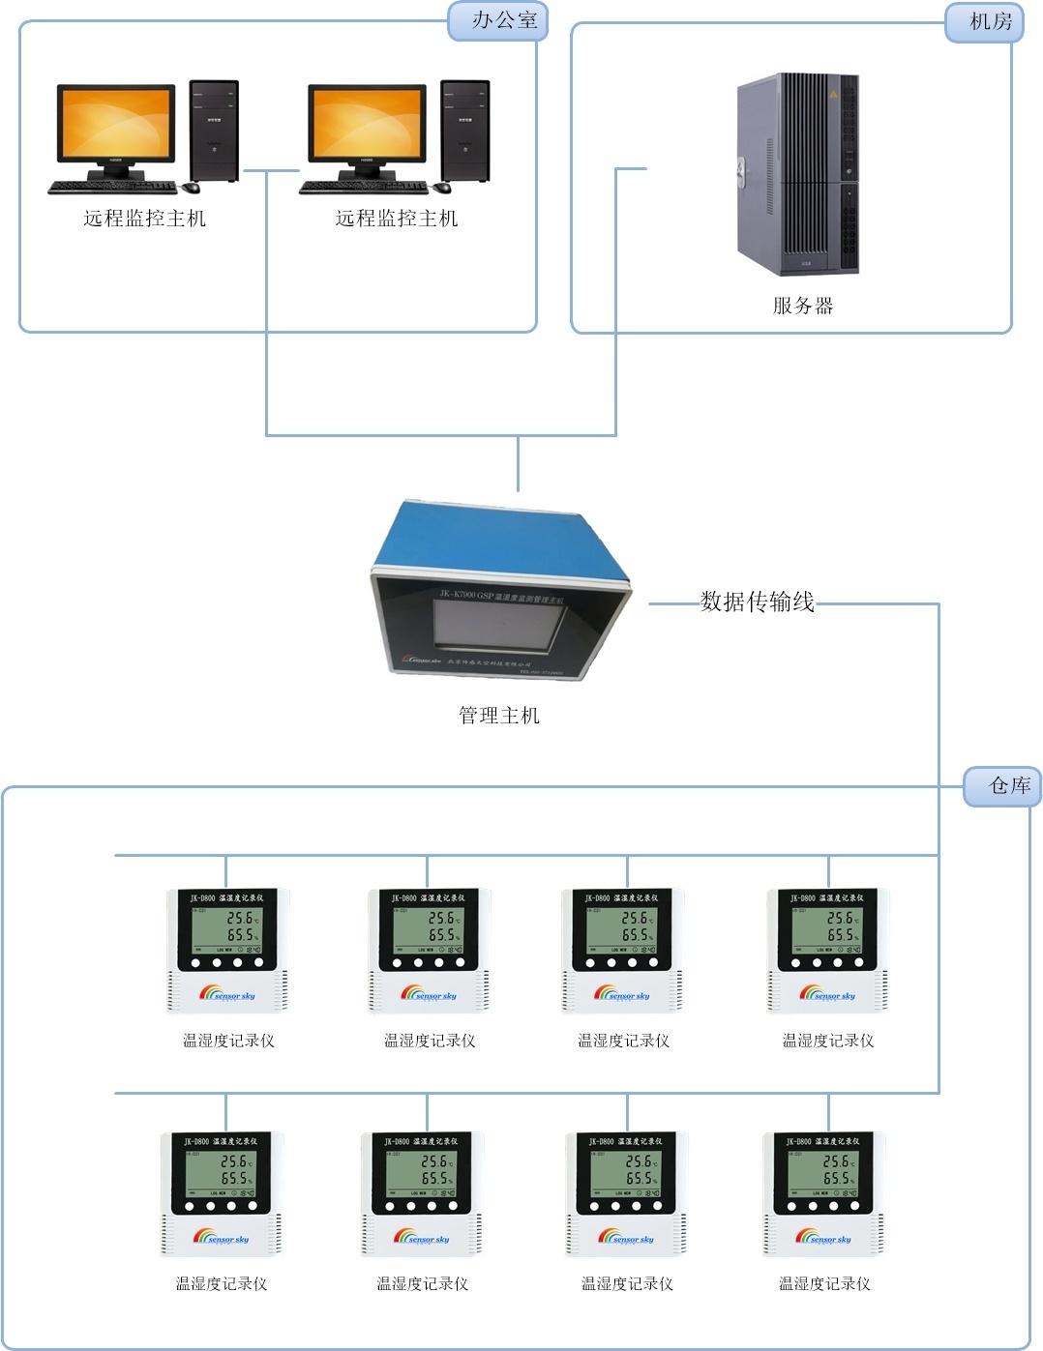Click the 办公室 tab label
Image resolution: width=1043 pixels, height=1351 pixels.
(x=503, y=20)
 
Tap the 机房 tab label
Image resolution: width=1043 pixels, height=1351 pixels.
(x=990, y=21)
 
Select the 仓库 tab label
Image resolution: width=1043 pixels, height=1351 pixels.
(x=1009, y=785)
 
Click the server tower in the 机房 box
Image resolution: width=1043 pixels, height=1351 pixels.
(x=797, y=173)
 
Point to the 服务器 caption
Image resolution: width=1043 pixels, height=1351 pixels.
(x=802, y=306)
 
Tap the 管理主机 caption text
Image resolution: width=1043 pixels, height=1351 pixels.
(x=498, y=716)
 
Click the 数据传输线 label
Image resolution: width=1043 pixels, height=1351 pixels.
(x=757, y=602)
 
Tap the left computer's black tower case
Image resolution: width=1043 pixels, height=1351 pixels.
(x=214, y=131)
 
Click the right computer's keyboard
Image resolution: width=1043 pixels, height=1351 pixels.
(x=364, y=187)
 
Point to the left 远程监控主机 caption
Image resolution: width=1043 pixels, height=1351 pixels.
(x=144, y=219)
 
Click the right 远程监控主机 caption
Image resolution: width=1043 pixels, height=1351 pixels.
(x=396, y=219)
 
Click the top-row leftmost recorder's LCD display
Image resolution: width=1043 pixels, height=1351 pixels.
(x=226, y=927)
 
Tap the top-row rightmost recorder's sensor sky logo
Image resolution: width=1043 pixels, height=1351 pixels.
(x=827, y=993)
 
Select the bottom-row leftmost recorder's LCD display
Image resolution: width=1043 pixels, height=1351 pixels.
(x=221, y=1170)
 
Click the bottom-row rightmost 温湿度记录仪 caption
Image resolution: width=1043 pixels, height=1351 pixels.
(x=824, y=1283)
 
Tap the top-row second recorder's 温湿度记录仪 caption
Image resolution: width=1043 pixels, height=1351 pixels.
(x=430, y=1041)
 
